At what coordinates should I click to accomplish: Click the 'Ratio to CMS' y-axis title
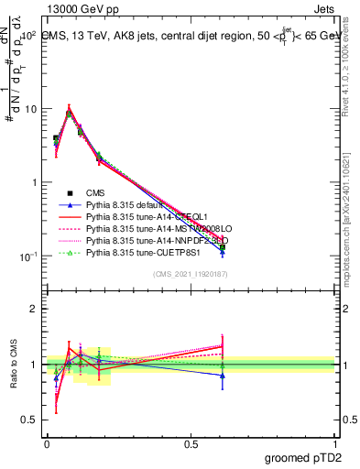point(13,364)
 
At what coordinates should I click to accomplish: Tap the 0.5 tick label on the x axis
point(191,443)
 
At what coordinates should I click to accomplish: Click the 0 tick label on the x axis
point(47,443)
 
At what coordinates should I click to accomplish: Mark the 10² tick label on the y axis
point(27,36)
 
